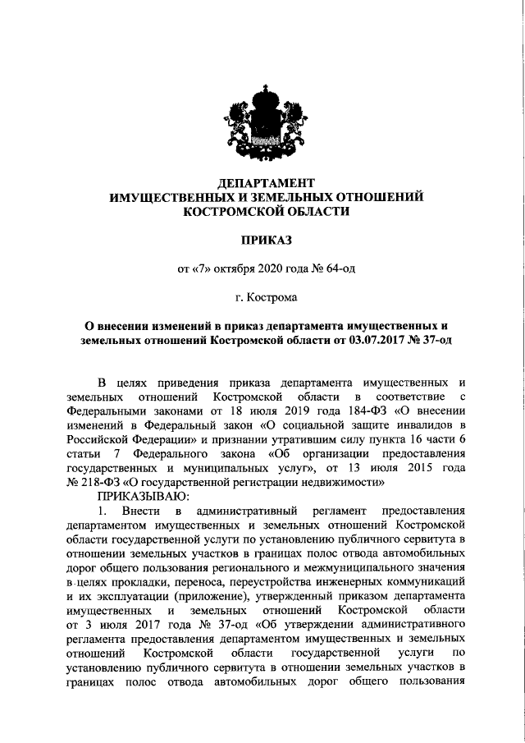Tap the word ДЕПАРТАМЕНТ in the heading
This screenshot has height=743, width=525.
262,182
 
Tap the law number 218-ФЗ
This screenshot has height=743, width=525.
97,483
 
